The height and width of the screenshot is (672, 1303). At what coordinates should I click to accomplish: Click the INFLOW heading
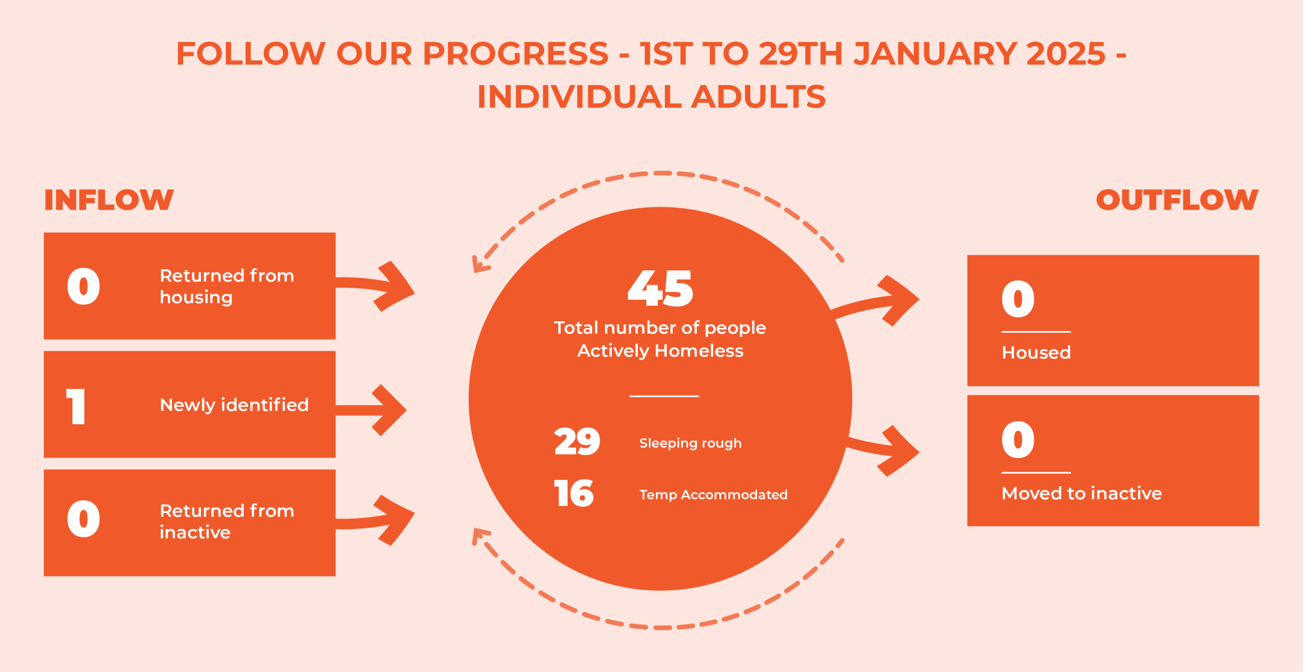pos(109,200)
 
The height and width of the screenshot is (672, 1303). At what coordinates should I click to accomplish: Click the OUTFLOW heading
pos(1177,200)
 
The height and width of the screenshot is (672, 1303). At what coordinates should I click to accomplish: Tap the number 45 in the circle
pos(660,288)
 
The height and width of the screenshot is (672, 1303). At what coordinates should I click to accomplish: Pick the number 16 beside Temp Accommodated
pos(574,493)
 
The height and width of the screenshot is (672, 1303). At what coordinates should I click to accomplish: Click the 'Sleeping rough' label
pos(690,443)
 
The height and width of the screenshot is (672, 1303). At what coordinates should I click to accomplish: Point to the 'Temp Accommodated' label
pos(713,494)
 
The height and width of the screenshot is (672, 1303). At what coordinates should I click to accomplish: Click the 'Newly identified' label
pos(234,405)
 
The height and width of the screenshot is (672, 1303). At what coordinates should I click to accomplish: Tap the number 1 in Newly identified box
pos(76,406)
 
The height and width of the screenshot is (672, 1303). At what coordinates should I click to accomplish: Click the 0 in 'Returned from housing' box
pos(83,286)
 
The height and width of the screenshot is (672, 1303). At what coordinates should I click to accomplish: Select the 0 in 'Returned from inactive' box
pos(83,519)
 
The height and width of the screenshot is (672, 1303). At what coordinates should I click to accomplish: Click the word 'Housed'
pos(1036,352)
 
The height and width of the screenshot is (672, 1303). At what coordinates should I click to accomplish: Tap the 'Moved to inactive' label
pos(1082,493)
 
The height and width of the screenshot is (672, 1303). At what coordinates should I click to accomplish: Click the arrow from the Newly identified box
pos(372,410)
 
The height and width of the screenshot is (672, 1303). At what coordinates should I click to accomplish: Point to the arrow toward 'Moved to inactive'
pos(883,448)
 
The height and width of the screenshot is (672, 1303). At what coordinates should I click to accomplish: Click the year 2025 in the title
pos(1066,53)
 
